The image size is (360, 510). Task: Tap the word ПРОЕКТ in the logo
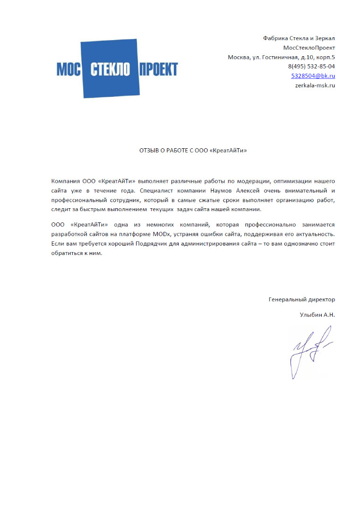pyautogui.click(x=158, y=69)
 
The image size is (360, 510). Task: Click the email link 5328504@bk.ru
pyautogui.click(x=313, y=76)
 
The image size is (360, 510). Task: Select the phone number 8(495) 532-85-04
pyautogui.click(x=311, y=67)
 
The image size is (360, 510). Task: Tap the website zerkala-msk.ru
pyautogui.click(x=315, y=85)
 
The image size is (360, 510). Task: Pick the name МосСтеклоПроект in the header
pyautogui.click(x=309, y=48)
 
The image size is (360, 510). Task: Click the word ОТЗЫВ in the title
pyautogui.click(x=148, y=151)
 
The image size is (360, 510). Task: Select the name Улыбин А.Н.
pyautogui.click(x=317, y=314)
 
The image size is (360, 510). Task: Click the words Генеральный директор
pyautogui.click(x=301, y=299)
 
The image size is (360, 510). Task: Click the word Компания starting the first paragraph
pyautogui.click(x=65, y=181)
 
